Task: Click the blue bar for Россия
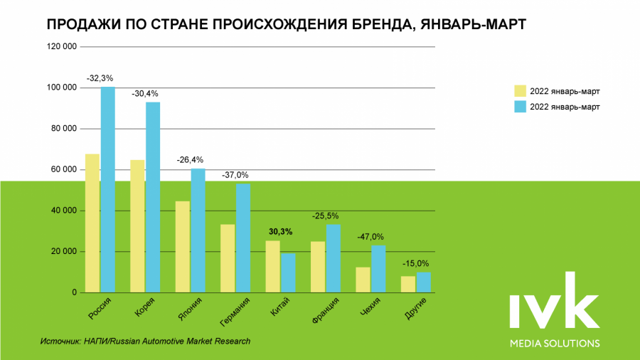coord(107,189)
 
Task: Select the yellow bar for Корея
coord(137,226)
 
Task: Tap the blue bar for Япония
coord(198,231)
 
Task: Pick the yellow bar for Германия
coord(228,258)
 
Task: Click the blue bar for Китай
coord(288,272)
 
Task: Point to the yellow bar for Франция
coord(318,267)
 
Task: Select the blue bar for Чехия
coord(378,269)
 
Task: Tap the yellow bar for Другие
coord(408,284)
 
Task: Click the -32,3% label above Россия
coord(100,78)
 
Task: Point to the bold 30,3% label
coord(280,231)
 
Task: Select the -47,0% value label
coord(370,237)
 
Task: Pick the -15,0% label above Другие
coord(416,263)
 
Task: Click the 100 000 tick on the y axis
coord(60,88)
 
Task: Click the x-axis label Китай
coord(282,307)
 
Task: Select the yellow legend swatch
coord(521,91)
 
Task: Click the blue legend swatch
coord(521,107)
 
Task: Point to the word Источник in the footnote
coord(60,342)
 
